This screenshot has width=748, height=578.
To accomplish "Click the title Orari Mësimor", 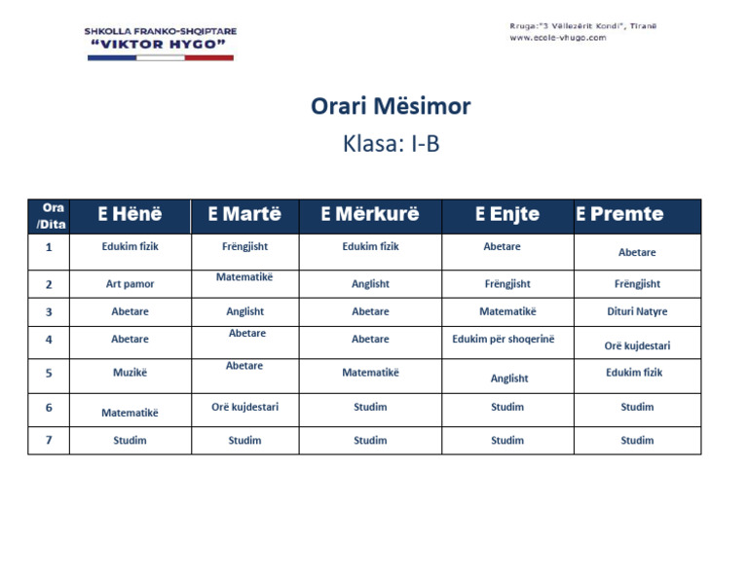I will tap(391, 106).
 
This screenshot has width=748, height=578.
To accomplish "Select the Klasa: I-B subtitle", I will tap(391, 144).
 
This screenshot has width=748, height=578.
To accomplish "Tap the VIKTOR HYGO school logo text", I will tap(160, 45).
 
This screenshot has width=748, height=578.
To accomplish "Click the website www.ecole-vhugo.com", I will tap(557, 38).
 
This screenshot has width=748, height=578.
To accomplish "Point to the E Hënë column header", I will tap(130, 214).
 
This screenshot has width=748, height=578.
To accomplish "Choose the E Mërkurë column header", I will tap(370, 214).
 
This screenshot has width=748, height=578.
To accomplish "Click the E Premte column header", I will tap(619, 214).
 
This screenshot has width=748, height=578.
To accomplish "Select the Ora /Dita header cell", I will tap(49, 215).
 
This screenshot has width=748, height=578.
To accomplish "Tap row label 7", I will tap(49, 440).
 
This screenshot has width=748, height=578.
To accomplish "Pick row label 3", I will tap(49, 312).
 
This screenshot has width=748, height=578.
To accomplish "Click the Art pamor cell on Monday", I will tap(130, 284).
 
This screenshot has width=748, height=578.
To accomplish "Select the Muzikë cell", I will tap(130, 372).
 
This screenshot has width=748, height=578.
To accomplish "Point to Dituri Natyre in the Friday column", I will tap(637, 312).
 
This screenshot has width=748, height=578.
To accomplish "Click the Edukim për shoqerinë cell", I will tap(506, 340).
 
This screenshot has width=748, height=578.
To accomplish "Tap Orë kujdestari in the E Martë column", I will tap(244, 407).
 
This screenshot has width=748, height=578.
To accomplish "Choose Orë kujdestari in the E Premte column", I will tap(637, 345).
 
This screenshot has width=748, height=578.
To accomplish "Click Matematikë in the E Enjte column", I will tap(507, 312).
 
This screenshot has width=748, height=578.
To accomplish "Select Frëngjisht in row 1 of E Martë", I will tap(244, 247).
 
